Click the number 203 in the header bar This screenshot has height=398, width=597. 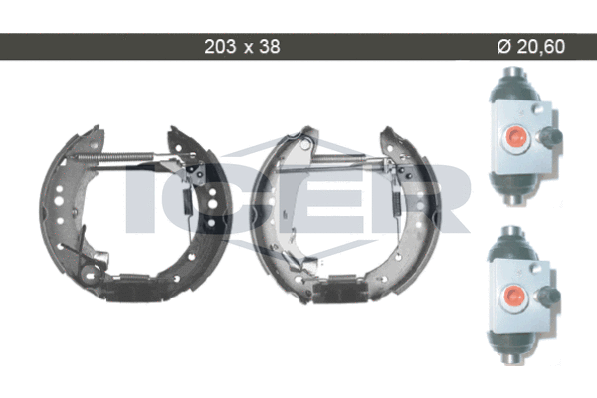[220, 47]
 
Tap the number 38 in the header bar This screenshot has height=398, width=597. [270, 47]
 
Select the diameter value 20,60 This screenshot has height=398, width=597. [540, 47]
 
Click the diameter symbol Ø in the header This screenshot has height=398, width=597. [503, 47]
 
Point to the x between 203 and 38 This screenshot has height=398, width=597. [248, 48]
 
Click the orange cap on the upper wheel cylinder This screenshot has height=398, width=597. [515, 137]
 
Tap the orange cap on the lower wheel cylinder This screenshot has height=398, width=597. [513, 296]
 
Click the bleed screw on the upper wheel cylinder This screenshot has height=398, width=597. [551, 137]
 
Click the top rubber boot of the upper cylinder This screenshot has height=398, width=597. [513, 86]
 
